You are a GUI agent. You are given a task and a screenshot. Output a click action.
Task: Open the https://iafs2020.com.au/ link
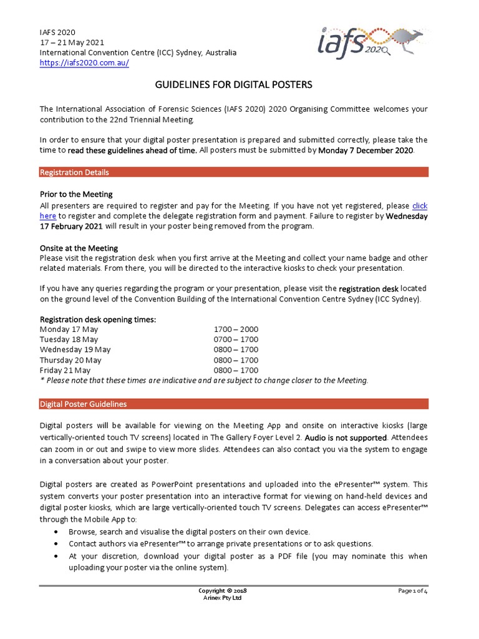coord(84,64)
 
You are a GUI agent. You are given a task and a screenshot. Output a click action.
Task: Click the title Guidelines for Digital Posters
coord(233,84)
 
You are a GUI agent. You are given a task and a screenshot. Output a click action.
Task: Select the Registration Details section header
coord(74,172)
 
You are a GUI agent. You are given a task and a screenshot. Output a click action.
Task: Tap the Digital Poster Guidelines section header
coord(83,404)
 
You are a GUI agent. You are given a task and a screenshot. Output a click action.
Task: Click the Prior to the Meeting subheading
coord(76,195)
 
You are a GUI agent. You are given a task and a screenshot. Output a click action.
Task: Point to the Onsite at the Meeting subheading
coord(79,248)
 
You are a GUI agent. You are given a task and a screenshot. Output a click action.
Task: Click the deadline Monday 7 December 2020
coord(365,151)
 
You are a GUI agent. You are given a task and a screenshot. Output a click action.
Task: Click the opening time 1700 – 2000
coord(236,329)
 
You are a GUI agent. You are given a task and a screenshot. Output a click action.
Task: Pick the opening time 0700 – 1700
coord(236,339)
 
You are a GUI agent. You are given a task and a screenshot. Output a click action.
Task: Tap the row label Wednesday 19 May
coord(75,349)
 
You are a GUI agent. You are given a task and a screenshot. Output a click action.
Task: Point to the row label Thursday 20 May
coord(70,360)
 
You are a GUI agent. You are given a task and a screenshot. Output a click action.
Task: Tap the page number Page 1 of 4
coord(412,591)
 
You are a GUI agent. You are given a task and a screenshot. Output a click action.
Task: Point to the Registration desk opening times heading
coord(98,319)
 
